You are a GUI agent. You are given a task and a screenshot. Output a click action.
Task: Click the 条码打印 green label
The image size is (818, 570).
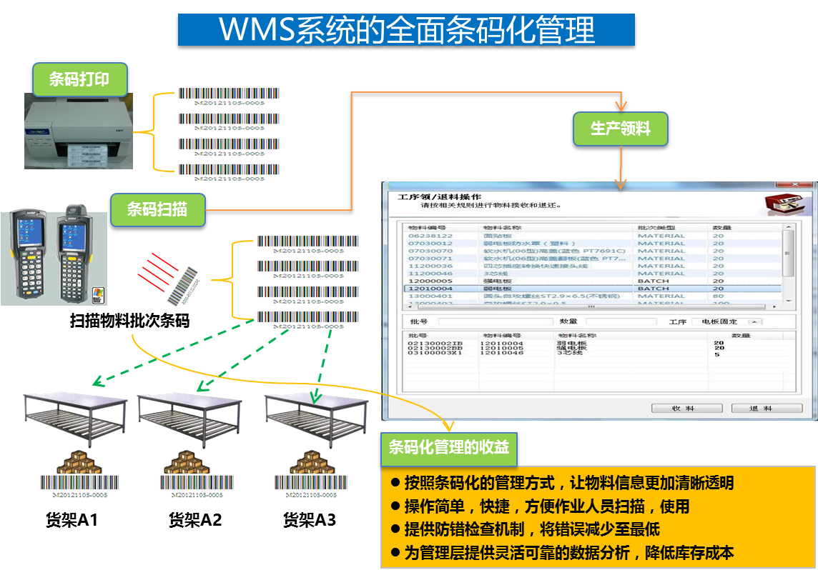pos(79,79)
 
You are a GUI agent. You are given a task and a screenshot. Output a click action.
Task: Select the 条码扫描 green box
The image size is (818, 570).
pos(157,210)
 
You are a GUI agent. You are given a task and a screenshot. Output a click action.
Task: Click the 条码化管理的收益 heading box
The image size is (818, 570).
pos(449,448)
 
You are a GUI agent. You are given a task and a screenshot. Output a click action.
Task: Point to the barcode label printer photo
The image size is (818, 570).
pos(79,132)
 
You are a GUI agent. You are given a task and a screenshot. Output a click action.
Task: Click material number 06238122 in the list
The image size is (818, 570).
pos(430,236)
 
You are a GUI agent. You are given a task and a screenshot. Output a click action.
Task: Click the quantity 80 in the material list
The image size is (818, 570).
pos(719,296)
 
